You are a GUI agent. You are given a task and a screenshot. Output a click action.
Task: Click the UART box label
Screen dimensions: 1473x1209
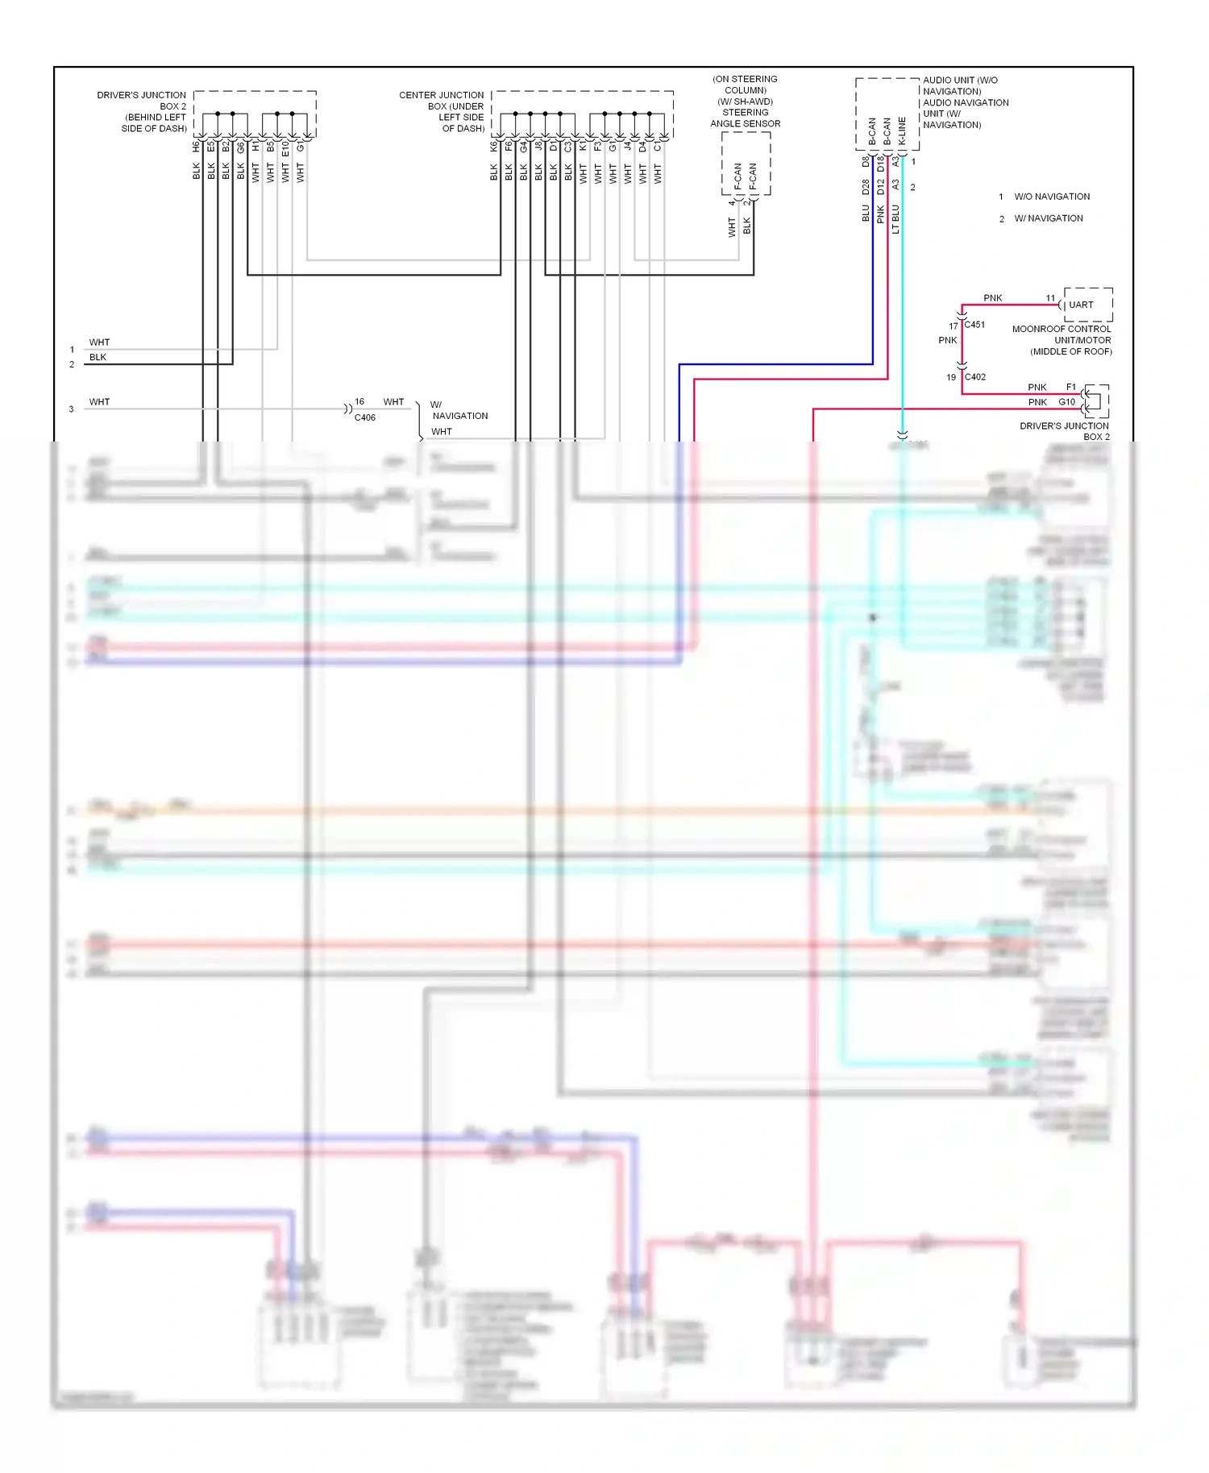point(1081,305)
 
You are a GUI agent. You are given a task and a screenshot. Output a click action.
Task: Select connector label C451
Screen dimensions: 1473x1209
point(974,325)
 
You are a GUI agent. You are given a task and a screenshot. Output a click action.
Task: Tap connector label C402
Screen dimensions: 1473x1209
point(974,377)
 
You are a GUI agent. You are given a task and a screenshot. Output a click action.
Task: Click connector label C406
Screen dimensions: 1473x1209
point(364,417)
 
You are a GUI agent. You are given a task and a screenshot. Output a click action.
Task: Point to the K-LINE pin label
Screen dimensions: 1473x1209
point(902,131)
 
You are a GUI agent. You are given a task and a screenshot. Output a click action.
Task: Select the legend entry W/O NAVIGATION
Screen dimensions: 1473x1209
point(1051,197)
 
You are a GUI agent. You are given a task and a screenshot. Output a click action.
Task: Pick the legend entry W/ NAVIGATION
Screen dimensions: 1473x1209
point(1048,218)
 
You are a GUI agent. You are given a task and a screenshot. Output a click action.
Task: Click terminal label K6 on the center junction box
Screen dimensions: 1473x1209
point(493,147)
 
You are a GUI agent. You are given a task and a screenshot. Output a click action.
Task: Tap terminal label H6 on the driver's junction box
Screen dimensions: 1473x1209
point(196,147)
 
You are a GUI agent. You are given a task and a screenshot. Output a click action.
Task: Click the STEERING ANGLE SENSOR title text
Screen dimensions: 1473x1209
point(745,118)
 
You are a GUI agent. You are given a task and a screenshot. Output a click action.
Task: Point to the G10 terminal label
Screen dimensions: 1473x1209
point(1066,402)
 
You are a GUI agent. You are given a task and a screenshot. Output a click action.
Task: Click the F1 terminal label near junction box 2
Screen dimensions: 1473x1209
point(1070,388)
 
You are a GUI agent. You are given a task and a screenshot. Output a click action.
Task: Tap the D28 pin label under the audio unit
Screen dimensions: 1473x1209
point(866,187)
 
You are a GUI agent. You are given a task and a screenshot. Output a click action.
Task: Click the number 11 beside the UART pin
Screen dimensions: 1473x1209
point(1050,298)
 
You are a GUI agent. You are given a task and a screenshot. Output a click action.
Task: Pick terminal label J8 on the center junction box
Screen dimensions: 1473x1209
point(538,147)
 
